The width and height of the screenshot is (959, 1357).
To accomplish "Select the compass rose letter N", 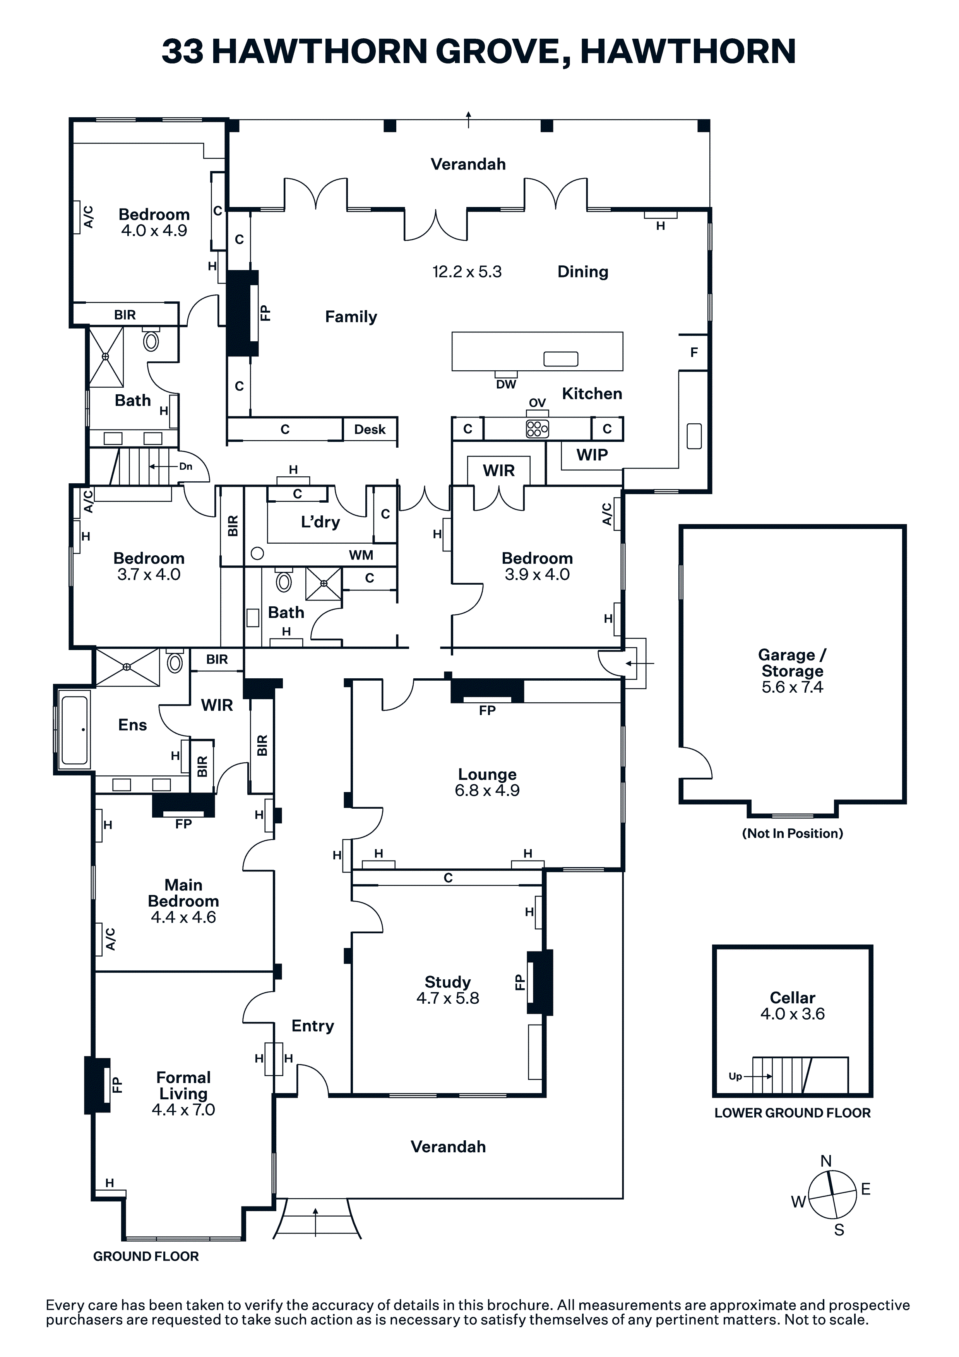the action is tap(826, 1161).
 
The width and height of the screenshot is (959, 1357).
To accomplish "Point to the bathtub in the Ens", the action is tap(74, 730).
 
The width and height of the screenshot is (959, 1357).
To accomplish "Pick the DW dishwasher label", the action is tap(506, 384).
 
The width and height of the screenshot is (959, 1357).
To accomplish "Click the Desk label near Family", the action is tap(370, 430).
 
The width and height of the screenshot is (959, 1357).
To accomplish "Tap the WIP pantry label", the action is tap(592, 455).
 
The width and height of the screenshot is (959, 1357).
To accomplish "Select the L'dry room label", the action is tap(320, 522).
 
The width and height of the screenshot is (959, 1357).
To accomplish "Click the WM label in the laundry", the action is tap(361, 555).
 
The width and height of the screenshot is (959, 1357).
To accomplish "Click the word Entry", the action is tap(313, 1026).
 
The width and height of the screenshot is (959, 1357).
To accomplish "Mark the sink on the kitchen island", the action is tap(560, 359).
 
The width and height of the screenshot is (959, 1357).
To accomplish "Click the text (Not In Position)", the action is tap(792, 833).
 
